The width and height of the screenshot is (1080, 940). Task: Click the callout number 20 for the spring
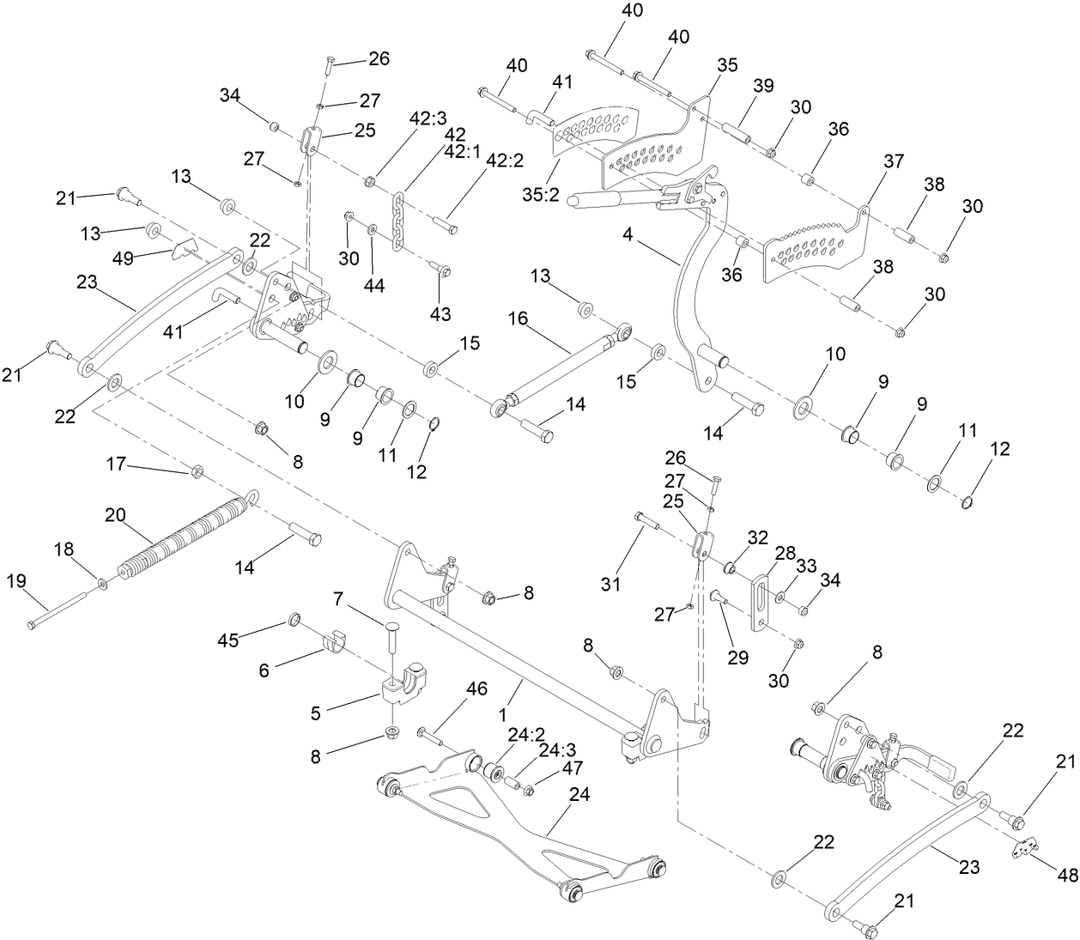pyautogui.click(x=116, y=515)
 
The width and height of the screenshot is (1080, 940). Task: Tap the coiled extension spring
pyautogui.click(x=185, y=536)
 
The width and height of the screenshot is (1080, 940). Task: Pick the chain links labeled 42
pyautogui.click(x=398, y=221)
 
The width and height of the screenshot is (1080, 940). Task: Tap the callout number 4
pyautogui.click(x=628, y=234)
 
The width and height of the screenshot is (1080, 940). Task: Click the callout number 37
pyautogui.click(x=894, y=161)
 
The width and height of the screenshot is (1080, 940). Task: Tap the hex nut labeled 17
pyautogui.click(x=196, y=470)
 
